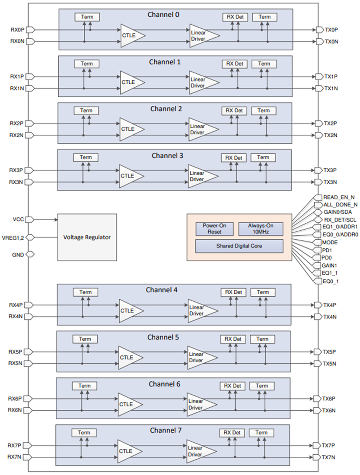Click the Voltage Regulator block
[x=87, y=237]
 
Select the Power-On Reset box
[x=214, y=229]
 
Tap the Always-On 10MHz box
[x=261, y=229]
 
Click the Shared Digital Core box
[x=239, y=246]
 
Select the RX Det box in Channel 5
[x=233, y=339]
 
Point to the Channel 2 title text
[x=166, y=109]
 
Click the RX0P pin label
[x=17, y=30]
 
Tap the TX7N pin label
[x=328, y=457]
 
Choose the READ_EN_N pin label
[x=339, y=197]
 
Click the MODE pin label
[x=330, y=242]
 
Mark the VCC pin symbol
[x=30, y=219]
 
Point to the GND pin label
[x=18, y=255]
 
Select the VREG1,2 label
[x=13, y=238]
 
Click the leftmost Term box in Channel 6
[x=84, y=386]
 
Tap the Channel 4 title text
[x=162, y=290]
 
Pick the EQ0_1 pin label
[x=331, y=282]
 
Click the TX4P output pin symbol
[x=318, y=305]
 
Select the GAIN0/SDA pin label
[x=338, y=212]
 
